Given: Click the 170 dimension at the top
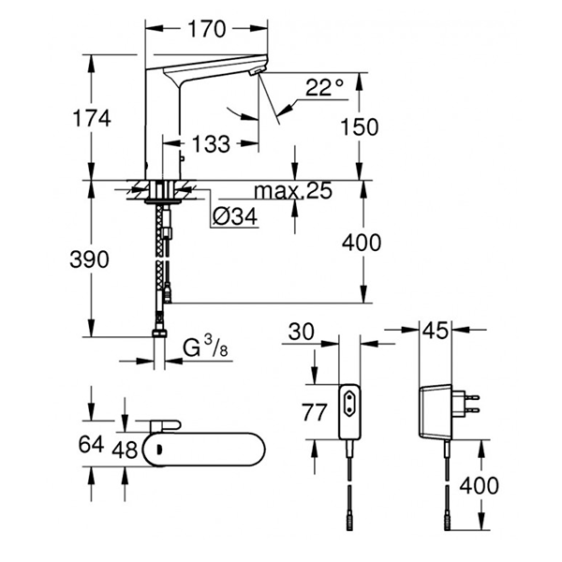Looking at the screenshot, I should pos(207,29).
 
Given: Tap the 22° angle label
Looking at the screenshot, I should pos(325,88).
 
